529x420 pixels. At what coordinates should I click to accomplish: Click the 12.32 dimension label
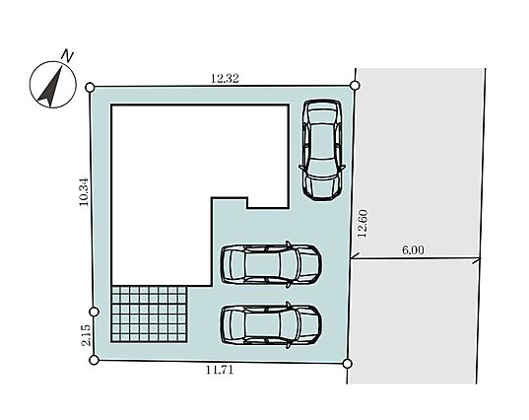pos(225,79)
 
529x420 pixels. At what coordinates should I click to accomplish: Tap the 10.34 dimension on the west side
pos(84,192)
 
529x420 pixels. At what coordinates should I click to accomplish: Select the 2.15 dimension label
pos(86,335)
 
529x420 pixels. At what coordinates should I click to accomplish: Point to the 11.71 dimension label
pos(220,370)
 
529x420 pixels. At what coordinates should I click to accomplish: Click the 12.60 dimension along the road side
pos(363,224)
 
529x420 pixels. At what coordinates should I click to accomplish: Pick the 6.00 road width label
pos(413,250)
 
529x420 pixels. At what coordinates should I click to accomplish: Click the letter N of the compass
pos(69,56)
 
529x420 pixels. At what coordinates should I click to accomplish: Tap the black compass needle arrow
pos(51,86)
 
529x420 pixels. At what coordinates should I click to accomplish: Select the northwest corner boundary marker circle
pos(90,88)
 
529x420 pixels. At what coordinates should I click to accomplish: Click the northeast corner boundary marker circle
pos(355,86)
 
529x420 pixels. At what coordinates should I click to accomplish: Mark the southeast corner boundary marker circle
pos(347,364)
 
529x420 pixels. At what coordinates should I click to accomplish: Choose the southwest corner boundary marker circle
pos(95,360)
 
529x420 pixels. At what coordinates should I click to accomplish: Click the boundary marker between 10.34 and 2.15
pos(95,312)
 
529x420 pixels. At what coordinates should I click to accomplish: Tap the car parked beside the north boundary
pos(322,151)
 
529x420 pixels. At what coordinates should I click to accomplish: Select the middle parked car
pos(271,264)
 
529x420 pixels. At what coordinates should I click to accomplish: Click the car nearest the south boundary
pos(271,325)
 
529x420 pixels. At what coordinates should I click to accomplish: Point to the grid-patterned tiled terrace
pos(149,314)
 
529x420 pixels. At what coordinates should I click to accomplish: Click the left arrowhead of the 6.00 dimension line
pos(354,258)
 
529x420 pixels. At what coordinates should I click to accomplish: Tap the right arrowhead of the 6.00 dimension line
pos(478,259)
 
